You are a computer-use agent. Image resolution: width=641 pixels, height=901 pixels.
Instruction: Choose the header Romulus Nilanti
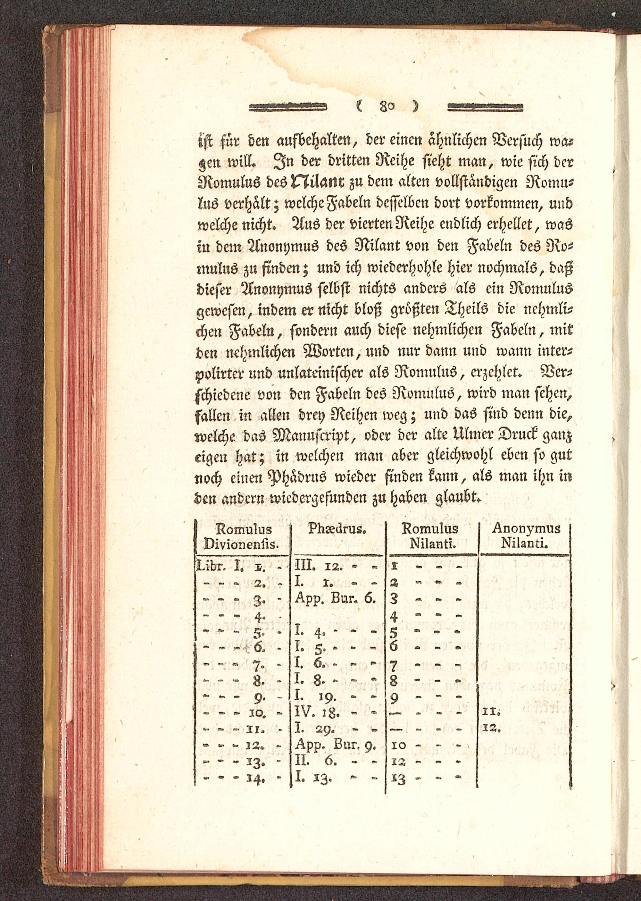[x=430, y=536]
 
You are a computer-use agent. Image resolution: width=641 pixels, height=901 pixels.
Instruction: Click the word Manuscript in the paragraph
[x=314, y=435]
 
